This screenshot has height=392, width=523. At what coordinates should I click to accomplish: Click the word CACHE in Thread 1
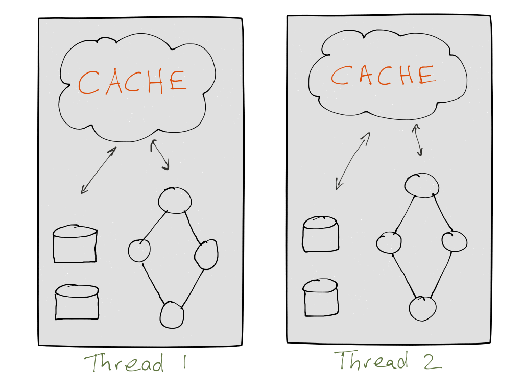tap(132, 82)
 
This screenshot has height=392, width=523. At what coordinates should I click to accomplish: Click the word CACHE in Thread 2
tap(383, 75)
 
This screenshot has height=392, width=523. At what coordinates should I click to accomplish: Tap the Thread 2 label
tap(388, 360)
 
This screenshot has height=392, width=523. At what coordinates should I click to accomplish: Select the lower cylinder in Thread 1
tap(77, 302)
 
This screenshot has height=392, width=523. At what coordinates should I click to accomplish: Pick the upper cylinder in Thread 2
tap(321, 234)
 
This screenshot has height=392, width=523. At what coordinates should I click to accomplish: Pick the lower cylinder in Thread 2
tap(321, 298)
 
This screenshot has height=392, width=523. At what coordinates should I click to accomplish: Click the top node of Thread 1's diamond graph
tap(175, 200)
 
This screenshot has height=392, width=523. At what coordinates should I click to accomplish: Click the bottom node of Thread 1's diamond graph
tap(172, 315)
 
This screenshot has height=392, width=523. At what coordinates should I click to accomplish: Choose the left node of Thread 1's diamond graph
tap(139, 251)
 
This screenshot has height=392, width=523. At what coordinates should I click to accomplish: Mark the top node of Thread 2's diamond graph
tap(422, 185)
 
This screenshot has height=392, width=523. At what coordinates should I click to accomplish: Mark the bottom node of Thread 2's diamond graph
tap(423, 308)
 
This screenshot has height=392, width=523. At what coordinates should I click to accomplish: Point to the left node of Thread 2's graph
tap(389, 242)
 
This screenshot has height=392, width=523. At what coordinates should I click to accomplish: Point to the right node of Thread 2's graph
tap(455, 241)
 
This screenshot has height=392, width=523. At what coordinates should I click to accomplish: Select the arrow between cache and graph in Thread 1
tap(160, 155)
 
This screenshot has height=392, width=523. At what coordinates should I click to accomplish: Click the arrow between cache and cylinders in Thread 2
tap(352, 161)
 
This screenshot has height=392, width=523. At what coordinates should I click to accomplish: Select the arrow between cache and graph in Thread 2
tap(418, 139)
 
